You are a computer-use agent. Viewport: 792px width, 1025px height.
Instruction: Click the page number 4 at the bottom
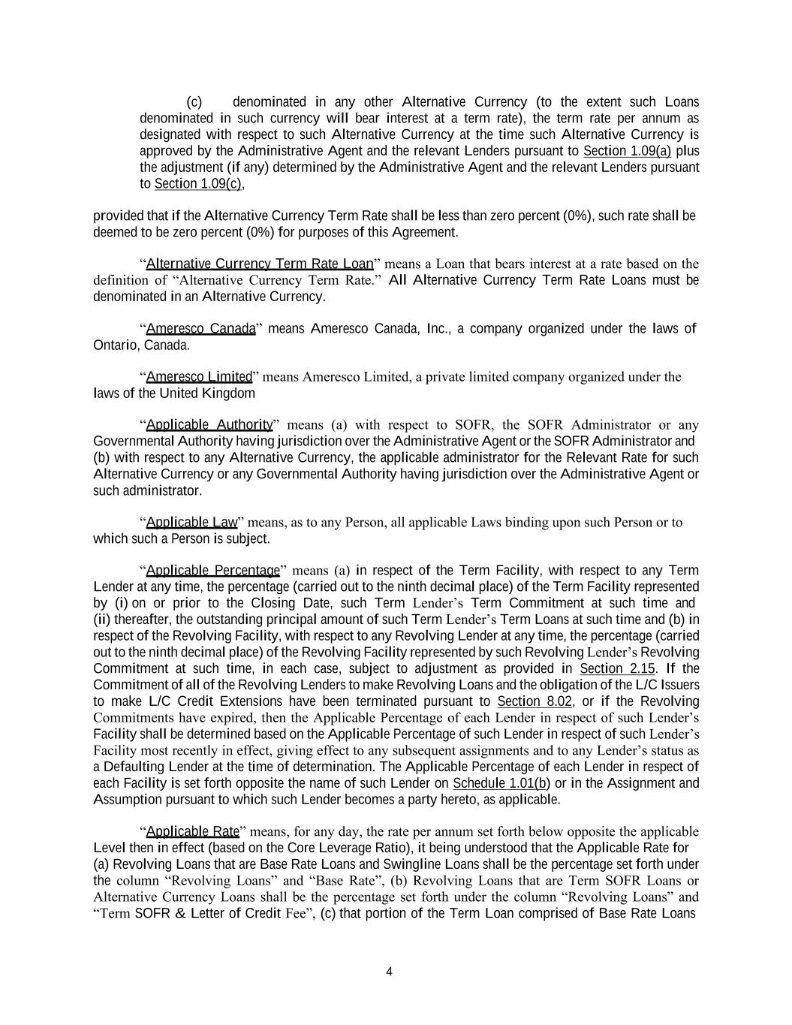pyautogui.click(x=389, y=972)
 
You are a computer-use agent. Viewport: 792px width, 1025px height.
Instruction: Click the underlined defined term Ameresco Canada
pyautogui.click(x=200, y=329)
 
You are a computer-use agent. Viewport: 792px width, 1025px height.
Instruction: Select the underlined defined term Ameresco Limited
pyautogui.click(x=199, y=377)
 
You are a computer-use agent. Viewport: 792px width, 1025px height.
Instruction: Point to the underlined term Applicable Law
pyautogui.click(x=191, y=523)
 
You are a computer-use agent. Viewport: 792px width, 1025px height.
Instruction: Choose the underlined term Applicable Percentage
pyautogui.click(x=212, y=571)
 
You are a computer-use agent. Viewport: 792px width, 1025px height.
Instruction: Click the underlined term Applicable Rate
pyautogui.click(x=192, y=831)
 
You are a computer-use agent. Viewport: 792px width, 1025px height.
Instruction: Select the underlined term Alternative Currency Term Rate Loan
pyautogui.click(x=259, y=264)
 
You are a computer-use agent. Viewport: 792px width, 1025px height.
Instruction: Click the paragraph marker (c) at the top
pyautogui.click(x=194, y=102)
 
